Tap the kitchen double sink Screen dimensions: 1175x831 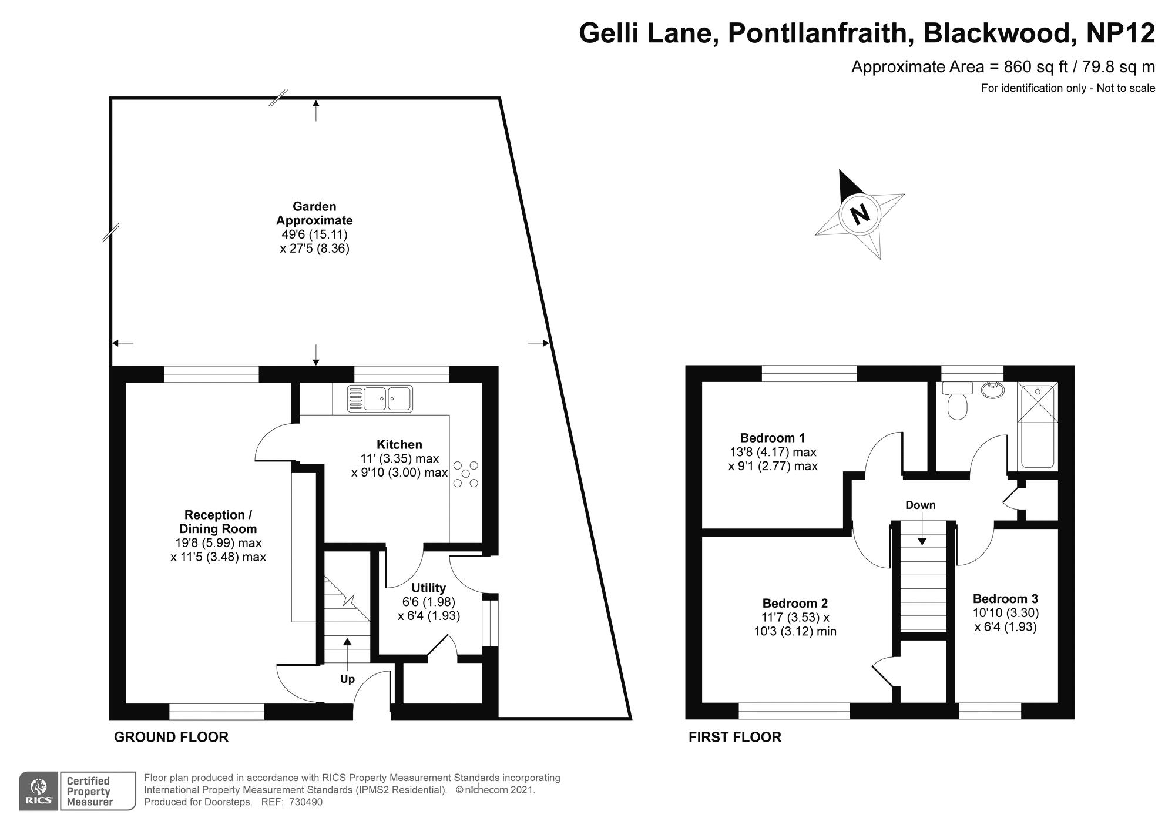(x=380, y=398)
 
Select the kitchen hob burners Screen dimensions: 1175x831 (x=466, y=474)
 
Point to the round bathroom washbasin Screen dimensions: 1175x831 (x=993, y=390)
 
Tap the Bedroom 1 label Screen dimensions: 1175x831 (x=773, y=438)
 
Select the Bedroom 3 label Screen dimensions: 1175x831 (x=1005, y=599)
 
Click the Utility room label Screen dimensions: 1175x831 (x=428, y=588)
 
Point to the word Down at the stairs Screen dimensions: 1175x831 (x=920, y=505)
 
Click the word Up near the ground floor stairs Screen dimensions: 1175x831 (x=347, y=679)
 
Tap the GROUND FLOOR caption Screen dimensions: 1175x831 (x=171, y=737)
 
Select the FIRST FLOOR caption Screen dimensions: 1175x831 (x=735, y=737)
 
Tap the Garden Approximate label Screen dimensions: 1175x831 (x=315, y=213)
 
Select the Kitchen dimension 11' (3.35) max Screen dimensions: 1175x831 (x=399, y=458)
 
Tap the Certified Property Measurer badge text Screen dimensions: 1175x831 (x=89, y=791)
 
